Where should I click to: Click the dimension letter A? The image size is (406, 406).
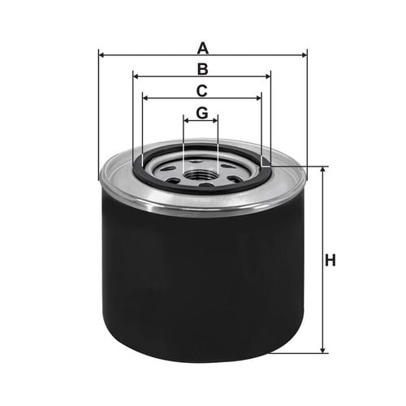(203, 48)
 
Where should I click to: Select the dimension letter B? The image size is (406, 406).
(203, 69)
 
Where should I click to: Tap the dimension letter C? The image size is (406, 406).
(202, 91)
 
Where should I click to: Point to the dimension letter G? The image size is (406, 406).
(202, 113)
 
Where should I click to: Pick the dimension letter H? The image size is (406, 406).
(330, 260)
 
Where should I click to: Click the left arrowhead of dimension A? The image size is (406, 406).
(101, 55)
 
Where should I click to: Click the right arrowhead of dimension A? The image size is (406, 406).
(304, 55)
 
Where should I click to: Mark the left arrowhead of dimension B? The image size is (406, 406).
(136, 76)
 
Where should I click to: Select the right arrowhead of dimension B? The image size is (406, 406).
(268, 76)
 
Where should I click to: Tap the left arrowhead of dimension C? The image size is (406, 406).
(145, 98)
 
